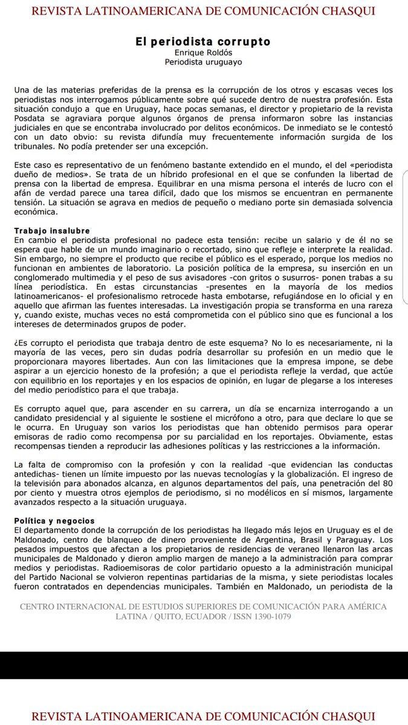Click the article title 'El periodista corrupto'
tap(203, 42)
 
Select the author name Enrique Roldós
tap(203, 53)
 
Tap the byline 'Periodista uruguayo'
tap(203, 61)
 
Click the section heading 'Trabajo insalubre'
tap(52, 231)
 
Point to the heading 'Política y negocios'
tap(54, 520)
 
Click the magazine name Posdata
tap(30, 119)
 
